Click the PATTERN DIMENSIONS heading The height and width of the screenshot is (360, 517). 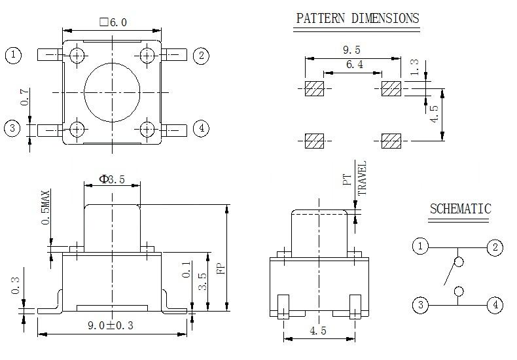point(357,18)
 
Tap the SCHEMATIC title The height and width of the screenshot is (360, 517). point(460,209)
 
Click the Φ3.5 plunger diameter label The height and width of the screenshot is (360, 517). point(111,179)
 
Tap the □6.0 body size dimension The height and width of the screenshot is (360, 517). point(113,22)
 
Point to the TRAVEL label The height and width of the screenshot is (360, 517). point(362,177)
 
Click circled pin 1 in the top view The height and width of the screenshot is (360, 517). point(14,55)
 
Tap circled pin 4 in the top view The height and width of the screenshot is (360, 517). point(202,128)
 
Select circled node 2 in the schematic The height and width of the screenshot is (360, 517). point(495,247)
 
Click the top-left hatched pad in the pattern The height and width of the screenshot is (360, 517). point(315,89)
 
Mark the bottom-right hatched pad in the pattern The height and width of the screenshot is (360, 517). point(391,140)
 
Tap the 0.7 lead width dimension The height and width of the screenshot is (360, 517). point(25,98)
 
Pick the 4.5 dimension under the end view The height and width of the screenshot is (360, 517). point(318,331)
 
